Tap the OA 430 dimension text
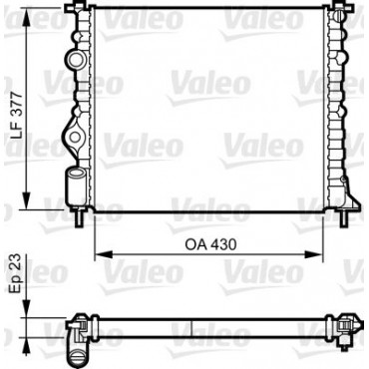[x=210, y=245]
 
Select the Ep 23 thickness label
[x=16, y=273]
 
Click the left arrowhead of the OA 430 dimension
[x=104, y=254]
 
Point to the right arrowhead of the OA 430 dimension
[x=314, y=254]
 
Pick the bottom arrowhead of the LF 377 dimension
[x=26, y=200]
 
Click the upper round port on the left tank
[x=75, y=59]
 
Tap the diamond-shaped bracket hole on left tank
[x=75, y=137]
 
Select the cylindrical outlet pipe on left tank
[x=76, y=186]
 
